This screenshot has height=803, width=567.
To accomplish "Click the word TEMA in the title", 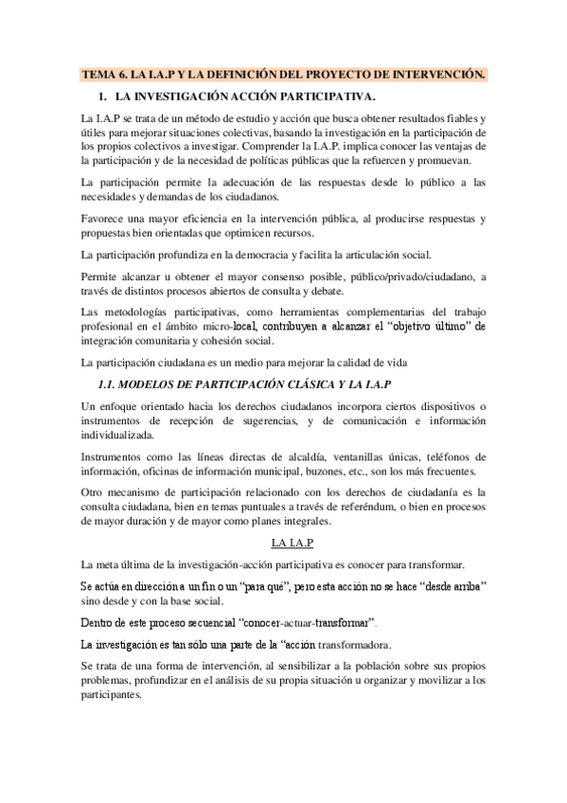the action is tap(99, 74).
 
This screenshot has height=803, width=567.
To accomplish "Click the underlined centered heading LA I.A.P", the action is tap(292, 543).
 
